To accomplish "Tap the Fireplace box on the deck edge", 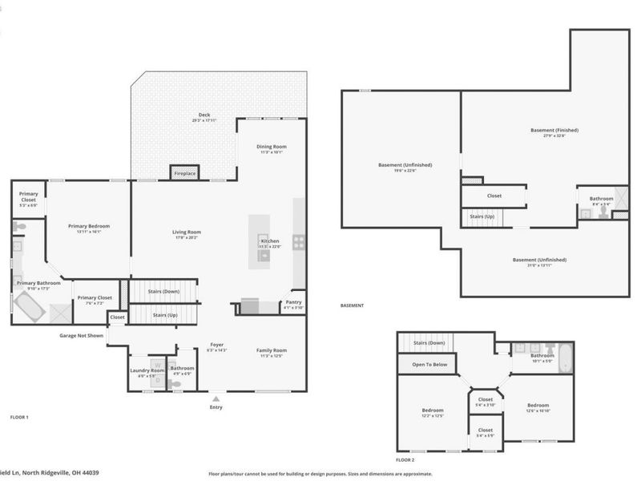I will (184, 173).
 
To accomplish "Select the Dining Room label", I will (271, 147).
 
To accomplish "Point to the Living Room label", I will (186, 232).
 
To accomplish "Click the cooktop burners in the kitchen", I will (299, 240).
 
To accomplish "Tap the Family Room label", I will (271, 350).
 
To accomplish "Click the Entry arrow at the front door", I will (215, 397).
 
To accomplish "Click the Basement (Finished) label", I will (554, 130).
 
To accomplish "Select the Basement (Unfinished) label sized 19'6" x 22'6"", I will (405, 165).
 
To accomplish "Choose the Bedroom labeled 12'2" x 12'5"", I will (432, 413).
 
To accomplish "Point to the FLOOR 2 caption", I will (405, 460).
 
